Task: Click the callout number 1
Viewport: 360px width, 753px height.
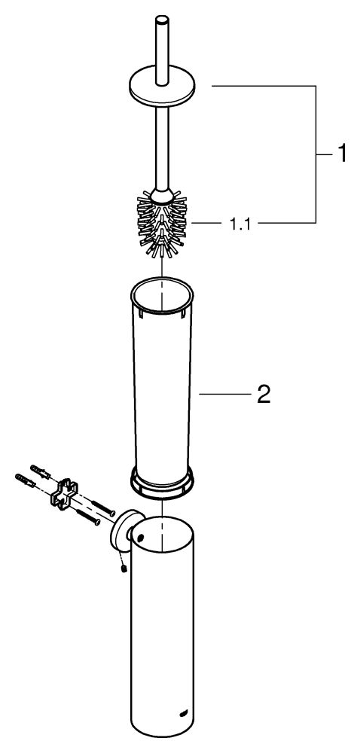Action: coord(340,154)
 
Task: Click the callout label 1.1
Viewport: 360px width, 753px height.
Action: coord(239,224)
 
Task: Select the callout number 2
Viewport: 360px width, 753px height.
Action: coord(264,395)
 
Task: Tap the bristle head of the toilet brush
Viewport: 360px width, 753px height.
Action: coord(162,224)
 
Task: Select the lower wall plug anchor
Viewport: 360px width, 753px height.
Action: coord(26,480)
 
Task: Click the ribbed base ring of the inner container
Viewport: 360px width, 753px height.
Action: coord(162,482)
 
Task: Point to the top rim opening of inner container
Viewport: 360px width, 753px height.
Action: coord(162,294)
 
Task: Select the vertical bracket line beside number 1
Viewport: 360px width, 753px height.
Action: coord(316,154)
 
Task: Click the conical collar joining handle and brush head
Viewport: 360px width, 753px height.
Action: coord(162,194)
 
